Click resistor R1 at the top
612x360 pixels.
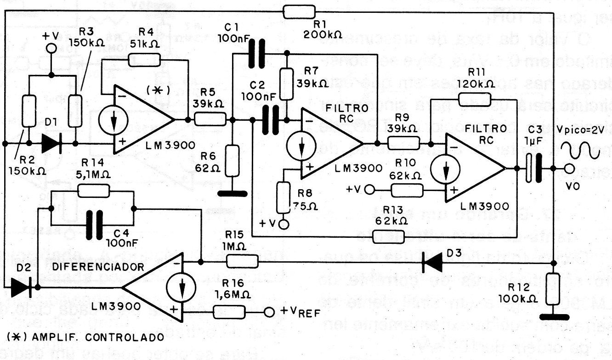point(299,11)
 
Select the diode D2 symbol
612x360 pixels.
point(21,287)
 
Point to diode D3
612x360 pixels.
point(432,263)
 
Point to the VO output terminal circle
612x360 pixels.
point(570,169)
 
